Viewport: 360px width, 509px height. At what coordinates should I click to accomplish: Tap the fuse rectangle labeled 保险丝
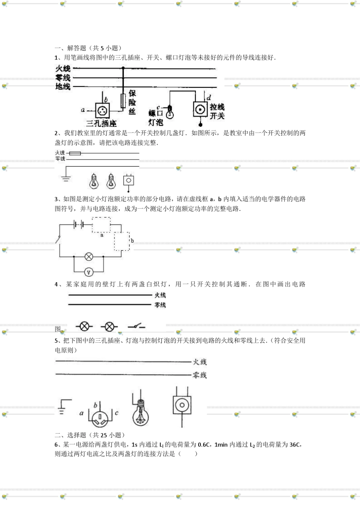pos(123,100)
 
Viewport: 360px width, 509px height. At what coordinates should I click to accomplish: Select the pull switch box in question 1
pos(200,110)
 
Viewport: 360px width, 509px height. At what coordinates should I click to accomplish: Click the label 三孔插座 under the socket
pos(101,123)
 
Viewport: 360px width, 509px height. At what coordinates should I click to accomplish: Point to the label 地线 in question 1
pos(63,87)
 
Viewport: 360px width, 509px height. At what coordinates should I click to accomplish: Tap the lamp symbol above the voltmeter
pos(89,256)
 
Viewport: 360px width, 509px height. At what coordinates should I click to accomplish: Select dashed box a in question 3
pos(102,225)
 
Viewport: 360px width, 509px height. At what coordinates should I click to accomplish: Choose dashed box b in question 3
pos(122,241)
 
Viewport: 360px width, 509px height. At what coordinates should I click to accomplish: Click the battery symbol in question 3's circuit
pos(79,224)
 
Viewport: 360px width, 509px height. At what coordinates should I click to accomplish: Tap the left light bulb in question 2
pos(93,181)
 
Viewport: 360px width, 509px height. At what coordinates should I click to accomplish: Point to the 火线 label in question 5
pos(200,362)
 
